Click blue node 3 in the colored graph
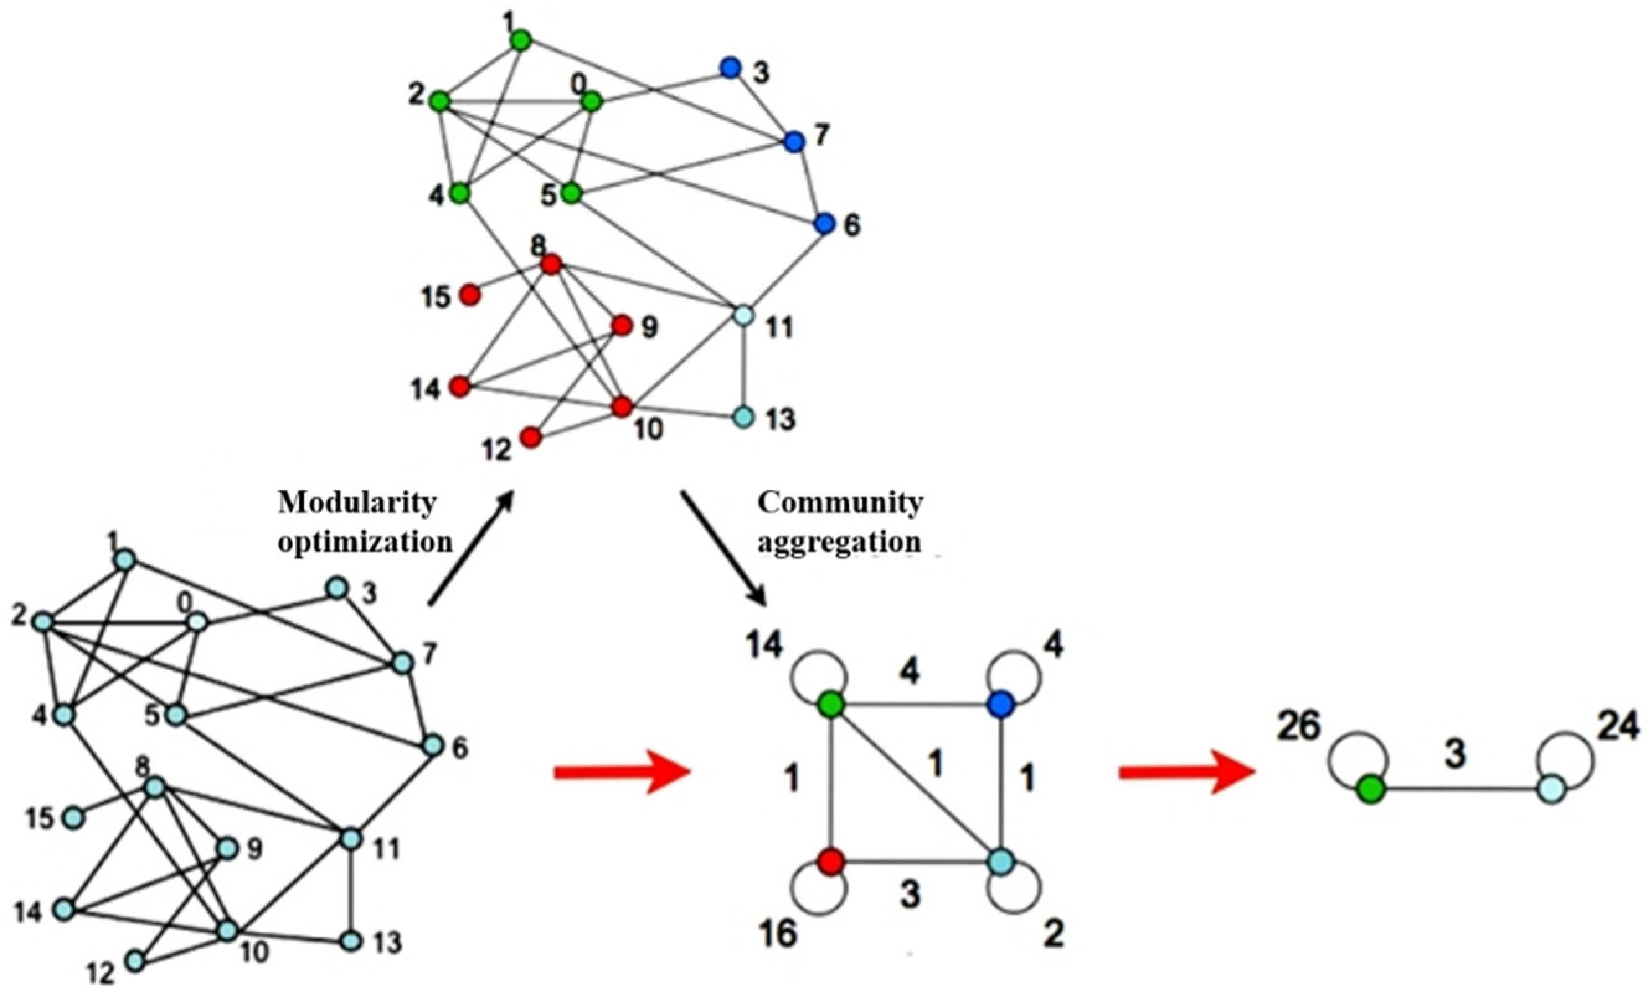(x=730, y=68)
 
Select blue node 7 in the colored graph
(x=794, y=142)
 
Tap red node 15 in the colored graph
(x=470, y=294)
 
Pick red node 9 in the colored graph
(x=622, y=326)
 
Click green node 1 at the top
(x=521, y=41)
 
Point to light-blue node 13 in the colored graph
(x=743, y=417)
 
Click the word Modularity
(x=357, y=502)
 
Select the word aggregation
(x=839, y=541)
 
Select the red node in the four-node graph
(x=831, y=862)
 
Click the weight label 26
(x=1299, y=727)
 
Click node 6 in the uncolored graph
(x=433, y=746)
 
